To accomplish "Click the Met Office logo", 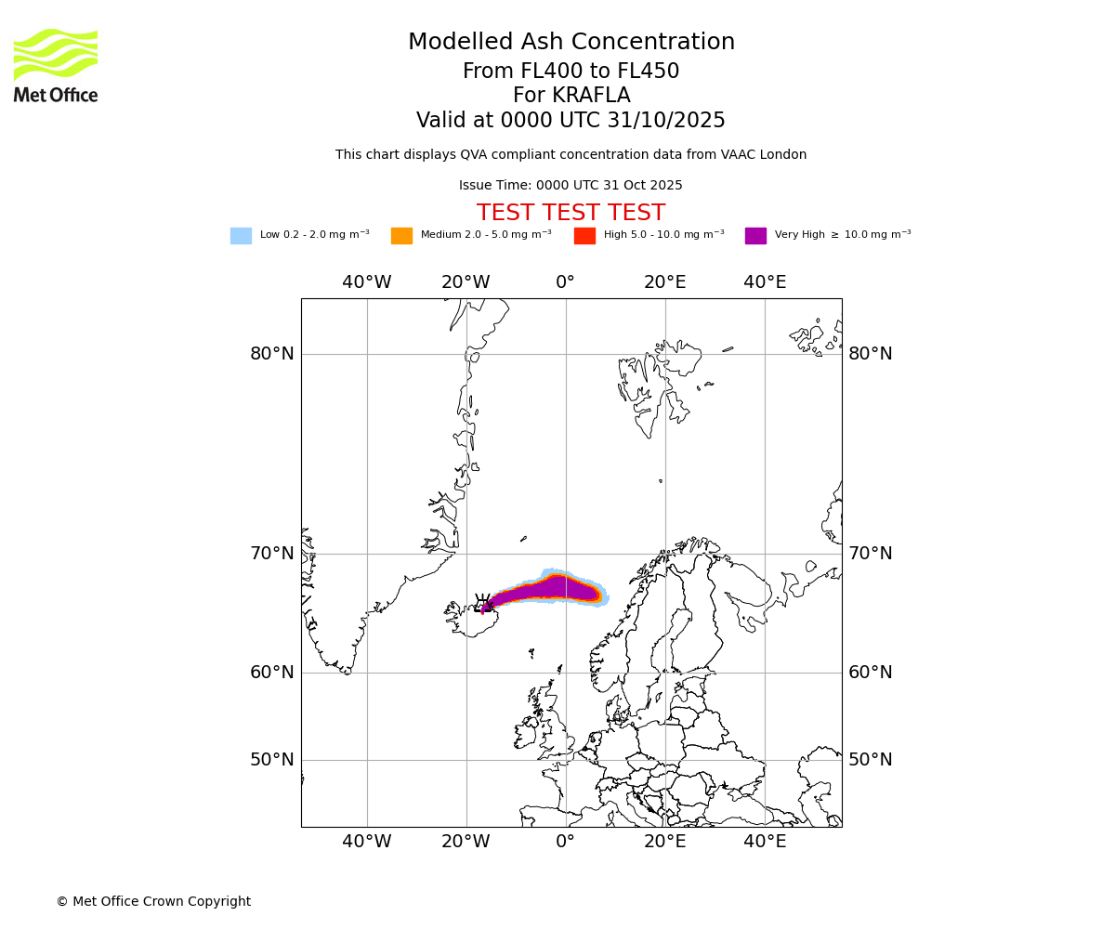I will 56,65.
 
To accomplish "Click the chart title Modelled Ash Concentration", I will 571,43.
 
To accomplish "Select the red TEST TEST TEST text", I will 571,214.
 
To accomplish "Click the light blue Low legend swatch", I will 241,236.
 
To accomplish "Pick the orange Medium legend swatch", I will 401,236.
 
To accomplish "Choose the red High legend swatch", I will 584,236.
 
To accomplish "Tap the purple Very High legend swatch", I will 755,236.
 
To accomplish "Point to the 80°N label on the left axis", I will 271,354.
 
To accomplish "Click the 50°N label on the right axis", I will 870,760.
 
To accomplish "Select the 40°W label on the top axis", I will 366,282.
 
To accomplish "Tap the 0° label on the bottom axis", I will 565,842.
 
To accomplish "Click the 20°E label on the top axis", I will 664,282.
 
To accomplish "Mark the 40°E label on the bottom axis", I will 765,842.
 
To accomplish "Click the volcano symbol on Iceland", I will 482,604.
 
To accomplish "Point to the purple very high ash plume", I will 548,589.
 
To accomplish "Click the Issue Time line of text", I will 571,186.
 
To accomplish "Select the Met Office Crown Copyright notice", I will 153,902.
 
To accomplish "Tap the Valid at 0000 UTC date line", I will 571,121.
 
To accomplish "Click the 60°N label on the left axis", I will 271,673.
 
